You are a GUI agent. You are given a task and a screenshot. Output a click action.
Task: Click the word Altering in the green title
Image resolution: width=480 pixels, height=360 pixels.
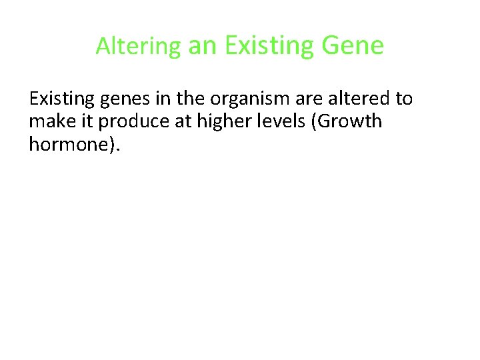(x=138, y=46)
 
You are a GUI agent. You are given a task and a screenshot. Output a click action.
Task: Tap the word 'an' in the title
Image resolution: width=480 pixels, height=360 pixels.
(x=203, y=46)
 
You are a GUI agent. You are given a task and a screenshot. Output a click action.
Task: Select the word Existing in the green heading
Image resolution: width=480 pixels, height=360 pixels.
(x=270, y=46)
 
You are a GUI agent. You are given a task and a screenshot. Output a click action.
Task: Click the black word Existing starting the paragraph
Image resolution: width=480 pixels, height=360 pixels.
(x=63, y=99)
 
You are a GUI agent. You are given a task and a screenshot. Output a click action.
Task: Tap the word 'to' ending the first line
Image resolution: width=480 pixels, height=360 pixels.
(x=404, y=99)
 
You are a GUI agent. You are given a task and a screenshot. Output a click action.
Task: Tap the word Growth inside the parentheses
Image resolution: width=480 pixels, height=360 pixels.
(x=346, y=122)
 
